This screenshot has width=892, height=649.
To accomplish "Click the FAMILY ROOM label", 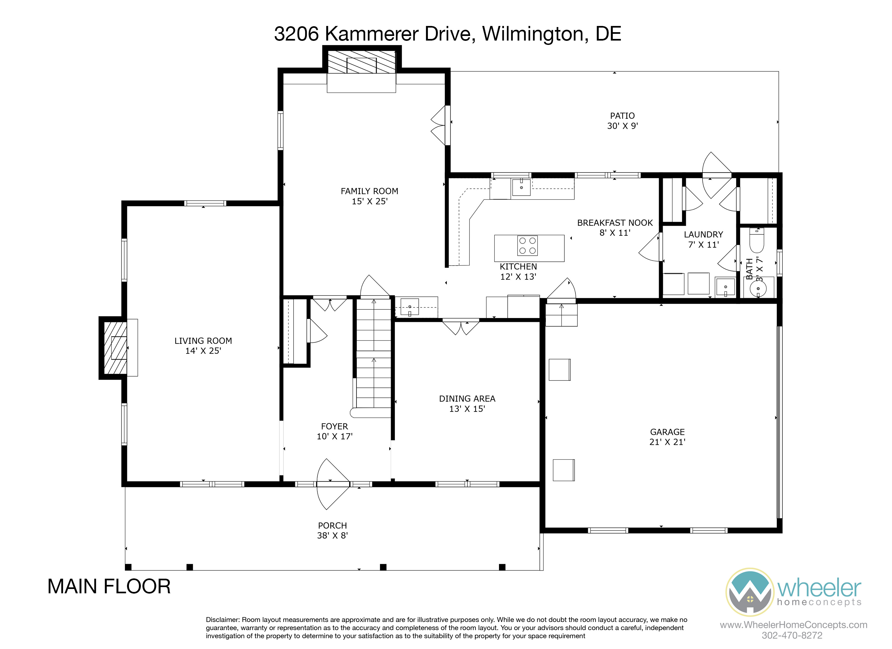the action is pyautogui.click(x=369, y=191).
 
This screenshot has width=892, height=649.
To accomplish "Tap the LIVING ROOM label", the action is pyautogui.click(x=203, y=341).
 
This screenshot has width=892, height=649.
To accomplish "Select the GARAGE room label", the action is pyautogui.click(x=667, y=432).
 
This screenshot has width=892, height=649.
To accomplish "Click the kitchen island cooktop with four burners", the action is pyautogui.click(x=527, y=246).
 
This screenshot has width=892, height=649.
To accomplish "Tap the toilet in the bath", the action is pyautogui.click(x=756, y=240).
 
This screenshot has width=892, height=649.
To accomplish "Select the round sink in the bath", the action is pyautogui.click(x=758, y=289).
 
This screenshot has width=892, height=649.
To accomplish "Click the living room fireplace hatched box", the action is pyautogui.click(x=115, y=348).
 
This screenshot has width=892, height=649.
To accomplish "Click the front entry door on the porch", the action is pyautogui.click(x=333, y=484).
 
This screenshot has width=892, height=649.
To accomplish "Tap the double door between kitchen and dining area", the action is pyautogui.click(x=461, y=326).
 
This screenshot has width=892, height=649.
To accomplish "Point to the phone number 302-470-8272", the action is pyautogui.click(x=792, y=635).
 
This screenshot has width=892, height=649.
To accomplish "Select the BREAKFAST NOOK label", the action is pyautogui.click(x=615, y=223).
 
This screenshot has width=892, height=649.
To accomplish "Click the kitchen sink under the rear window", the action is pyautogui.click(x=521, y=187).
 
